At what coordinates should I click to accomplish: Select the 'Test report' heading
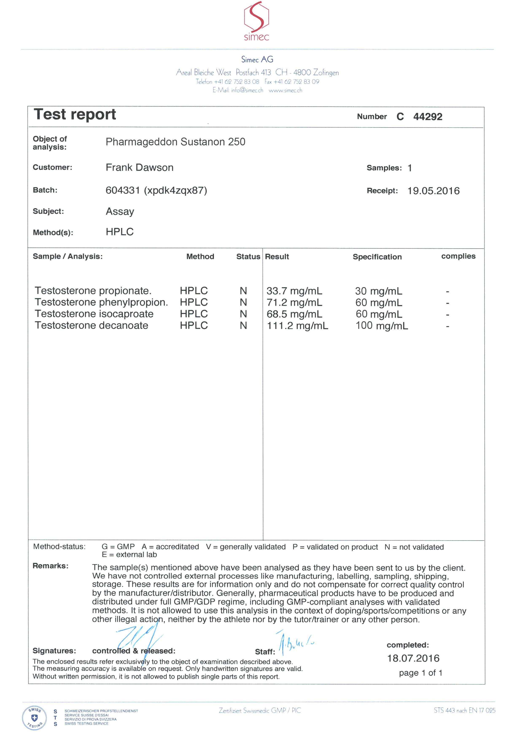click(75, 115)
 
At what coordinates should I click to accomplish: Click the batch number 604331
click(123, 190)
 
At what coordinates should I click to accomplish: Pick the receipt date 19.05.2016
click(433, 191)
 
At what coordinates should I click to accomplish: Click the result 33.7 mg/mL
click(294, 291)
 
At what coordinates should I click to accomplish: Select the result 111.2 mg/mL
click(297, 325)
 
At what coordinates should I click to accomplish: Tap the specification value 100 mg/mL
click(381, 325)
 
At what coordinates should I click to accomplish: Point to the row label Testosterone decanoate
click(92, 325)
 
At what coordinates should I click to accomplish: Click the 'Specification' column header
click(377, 257)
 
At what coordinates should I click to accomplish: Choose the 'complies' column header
click(458, 256)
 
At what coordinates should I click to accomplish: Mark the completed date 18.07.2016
click(413, 658)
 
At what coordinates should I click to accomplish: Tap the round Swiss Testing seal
click(34, 718)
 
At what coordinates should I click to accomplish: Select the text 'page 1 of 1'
click(420, 673)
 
